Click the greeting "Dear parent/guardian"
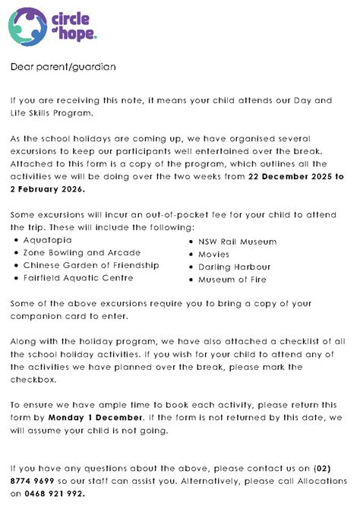[62, 67]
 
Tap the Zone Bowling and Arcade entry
[81, 252]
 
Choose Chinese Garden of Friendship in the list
[91, 265]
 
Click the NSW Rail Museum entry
[237, 242]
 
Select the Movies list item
[214, 254]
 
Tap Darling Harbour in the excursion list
[234, 267]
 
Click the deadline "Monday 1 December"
[95, 417]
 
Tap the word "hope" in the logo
[80, 35]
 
